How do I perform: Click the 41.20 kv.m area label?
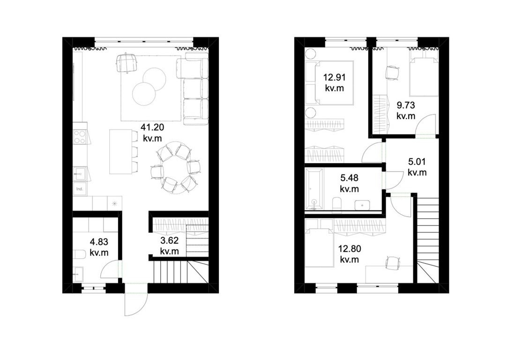[152, 133]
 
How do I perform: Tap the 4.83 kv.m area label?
[99, 247]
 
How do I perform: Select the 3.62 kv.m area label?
[170, 246]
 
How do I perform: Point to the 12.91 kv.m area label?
[334, 82]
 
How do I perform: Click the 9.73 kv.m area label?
[406, 111]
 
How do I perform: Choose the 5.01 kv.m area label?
[417, 167]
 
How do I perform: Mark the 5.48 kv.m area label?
[349, 183]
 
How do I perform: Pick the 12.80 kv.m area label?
[350, 254]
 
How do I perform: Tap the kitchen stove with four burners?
[80, 136]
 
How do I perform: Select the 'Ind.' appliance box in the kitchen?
[80, 188]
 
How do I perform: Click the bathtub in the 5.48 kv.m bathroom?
[314, 189]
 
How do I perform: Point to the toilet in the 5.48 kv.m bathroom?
[337, 204]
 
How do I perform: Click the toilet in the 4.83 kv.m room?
[79, 254]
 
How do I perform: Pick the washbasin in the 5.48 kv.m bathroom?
[362, 205]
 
